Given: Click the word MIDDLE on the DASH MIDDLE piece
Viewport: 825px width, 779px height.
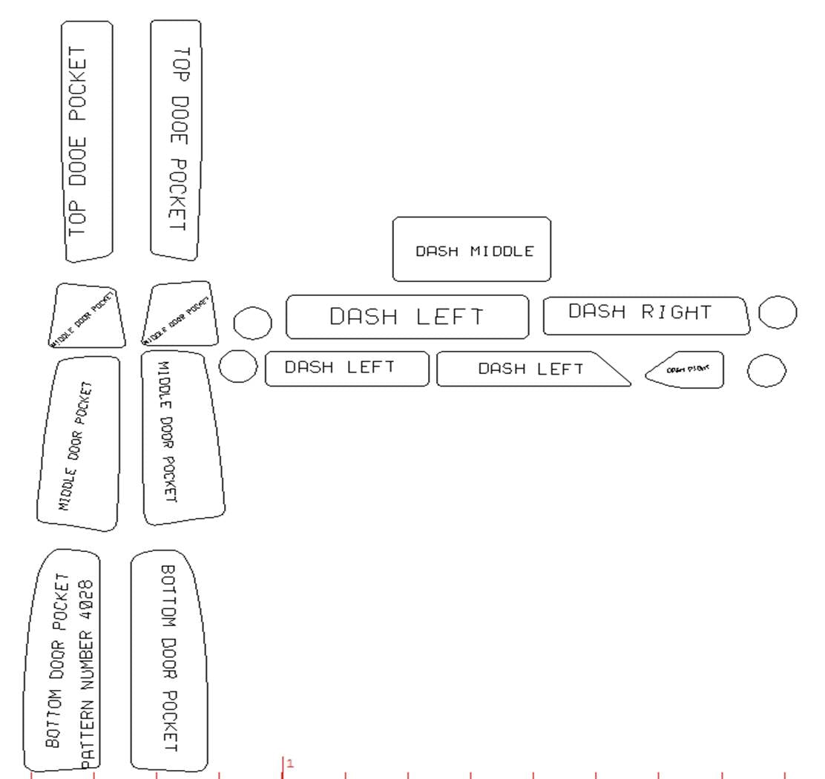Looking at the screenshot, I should pos(502,252).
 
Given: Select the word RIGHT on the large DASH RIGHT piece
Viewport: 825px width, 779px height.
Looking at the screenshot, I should pos(676,312).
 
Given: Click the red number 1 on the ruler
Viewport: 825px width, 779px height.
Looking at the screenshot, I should pos(290,763).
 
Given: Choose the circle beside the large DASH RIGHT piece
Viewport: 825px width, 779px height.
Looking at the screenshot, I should pos(778,312).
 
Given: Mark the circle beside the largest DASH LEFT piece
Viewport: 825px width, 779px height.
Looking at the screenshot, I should pos(252,322).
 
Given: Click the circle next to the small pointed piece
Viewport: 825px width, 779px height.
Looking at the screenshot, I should pos(766,370).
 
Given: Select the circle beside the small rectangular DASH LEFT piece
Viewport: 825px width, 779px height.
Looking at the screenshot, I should pos(239,367).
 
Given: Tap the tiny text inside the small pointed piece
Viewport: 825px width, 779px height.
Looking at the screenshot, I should pos(683,369).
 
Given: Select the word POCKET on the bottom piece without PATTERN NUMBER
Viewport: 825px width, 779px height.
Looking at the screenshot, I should pos(169,720).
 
